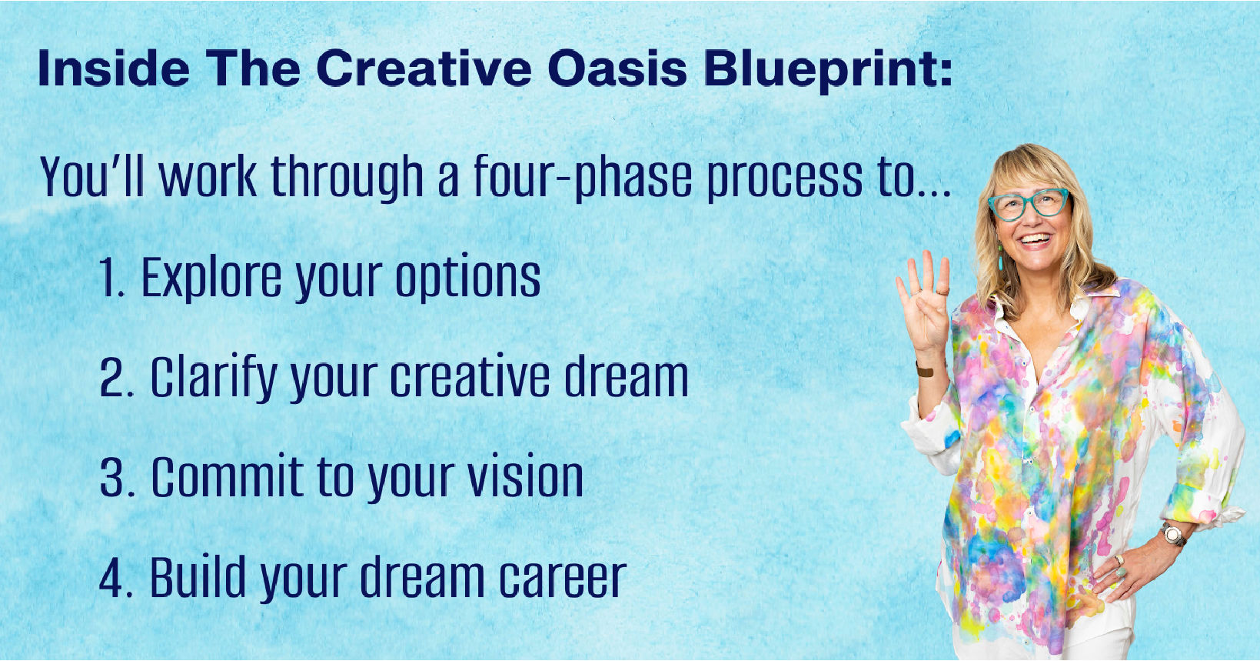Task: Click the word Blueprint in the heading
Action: [x=827, y=69]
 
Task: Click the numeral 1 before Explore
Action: [x=110, y=279]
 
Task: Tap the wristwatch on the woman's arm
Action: [x=1173, y=533]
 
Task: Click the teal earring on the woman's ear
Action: [x=1000, y=259]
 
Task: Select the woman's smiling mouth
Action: [x=1034, y=241]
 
